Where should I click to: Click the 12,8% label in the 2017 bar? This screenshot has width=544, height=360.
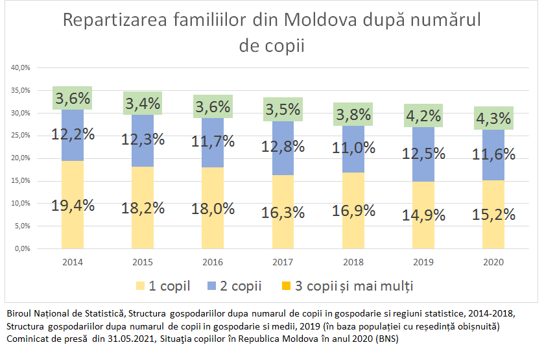tap(283, 147)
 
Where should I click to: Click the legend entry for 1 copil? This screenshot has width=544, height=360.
tap(161, 286)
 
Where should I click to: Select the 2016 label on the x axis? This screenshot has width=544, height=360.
tap(213, 261)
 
